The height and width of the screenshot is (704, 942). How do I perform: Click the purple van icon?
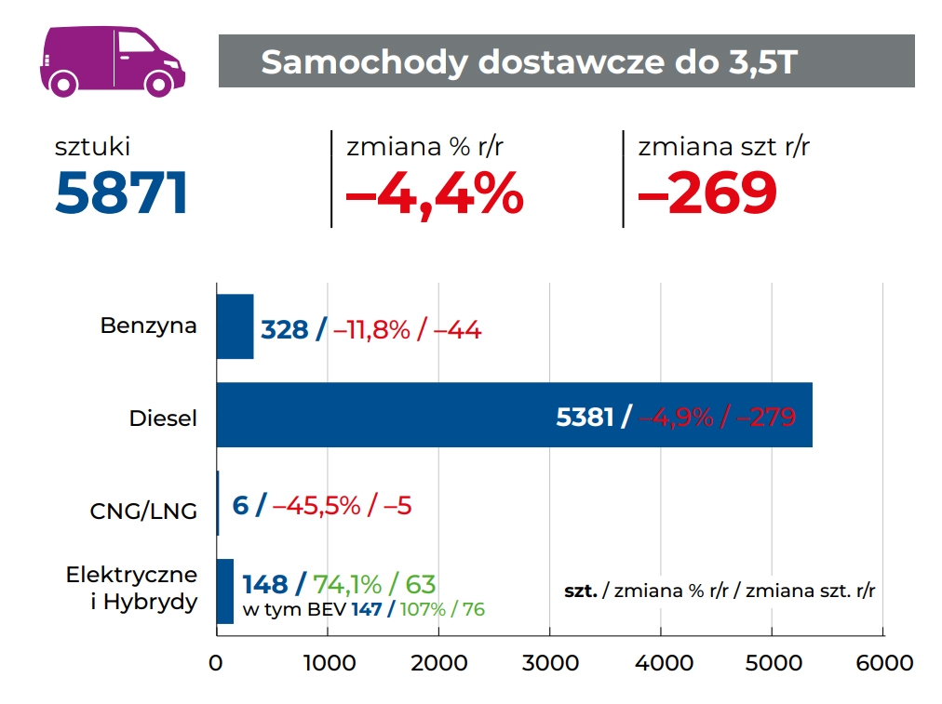point(112,60)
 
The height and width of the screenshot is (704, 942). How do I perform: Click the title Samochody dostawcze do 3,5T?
point(529,61)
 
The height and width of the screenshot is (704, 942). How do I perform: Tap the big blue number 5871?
point(122,193)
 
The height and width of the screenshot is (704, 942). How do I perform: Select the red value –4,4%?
point(435,193)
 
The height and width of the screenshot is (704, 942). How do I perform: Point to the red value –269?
point(707,193)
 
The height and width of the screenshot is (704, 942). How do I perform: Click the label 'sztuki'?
point(92,146)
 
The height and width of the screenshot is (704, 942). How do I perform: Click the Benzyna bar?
point(235,326)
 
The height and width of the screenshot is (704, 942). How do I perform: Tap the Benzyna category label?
point(149,326)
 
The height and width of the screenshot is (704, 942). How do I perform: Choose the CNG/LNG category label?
point(143,510)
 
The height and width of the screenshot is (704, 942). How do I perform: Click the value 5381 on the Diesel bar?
point(585,417)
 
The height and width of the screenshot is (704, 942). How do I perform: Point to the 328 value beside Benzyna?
point(284,329)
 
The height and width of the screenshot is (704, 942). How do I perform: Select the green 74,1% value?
point(347,584)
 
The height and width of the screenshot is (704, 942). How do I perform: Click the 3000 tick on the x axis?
point(550,663)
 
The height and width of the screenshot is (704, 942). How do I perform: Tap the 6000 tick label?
point(883,663)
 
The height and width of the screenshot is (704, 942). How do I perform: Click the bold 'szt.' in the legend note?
point(581,591)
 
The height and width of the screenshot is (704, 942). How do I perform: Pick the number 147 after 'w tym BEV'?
point(367,610)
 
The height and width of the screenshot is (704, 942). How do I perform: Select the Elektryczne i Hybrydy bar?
point(224,591)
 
